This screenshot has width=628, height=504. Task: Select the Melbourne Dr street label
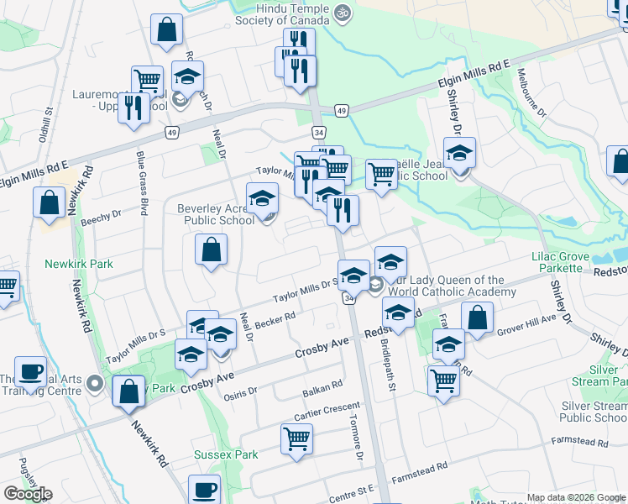click(x=532, y=92)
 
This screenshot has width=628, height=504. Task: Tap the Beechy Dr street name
click(x=102, y=218)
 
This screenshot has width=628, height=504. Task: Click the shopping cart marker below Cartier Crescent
click(x=297, y=438)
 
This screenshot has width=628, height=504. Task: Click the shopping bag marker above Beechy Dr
click(x=50, y=202)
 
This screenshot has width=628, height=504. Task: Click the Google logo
click(x=28, y=494)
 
